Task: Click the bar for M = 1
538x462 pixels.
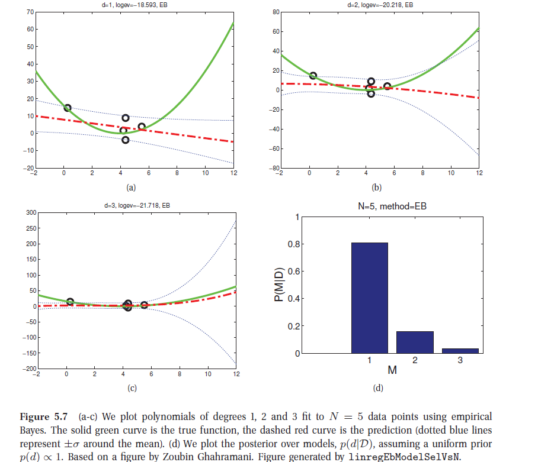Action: click(369, 298)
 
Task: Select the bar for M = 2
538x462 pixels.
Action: click(415, 343)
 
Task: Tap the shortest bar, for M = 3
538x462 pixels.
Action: click(460, 351)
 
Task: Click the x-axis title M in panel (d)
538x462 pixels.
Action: click(392, 371)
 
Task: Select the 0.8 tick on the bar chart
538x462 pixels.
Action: click(292, 244)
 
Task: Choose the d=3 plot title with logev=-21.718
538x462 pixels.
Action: click(137, 205)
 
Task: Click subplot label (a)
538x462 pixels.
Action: click(132, 187)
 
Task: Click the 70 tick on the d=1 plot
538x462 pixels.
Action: click(30, 12)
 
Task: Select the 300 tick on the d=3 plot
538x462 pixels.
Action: click(30, 212)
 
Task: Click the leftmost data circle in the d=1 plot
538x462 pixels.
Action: click(68, 108)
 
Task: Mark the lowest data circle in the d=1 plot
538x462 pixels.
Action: click(126, 140)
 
